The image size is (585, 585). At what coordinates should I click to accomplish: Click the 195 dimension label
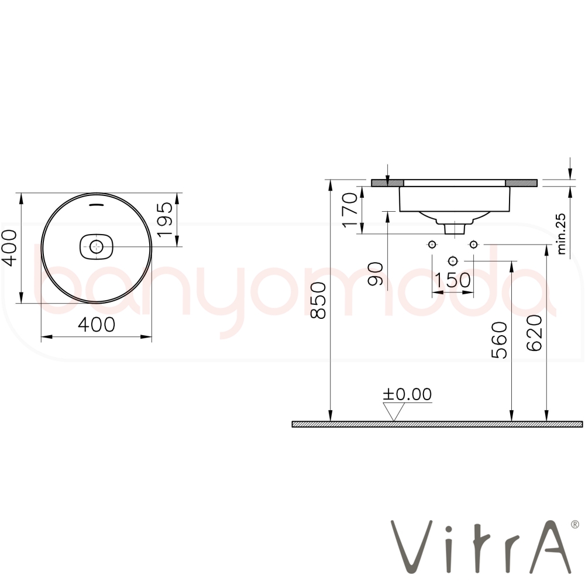(x=165, y=220)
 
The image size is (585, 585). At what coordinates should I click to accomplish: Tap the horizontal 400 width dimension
(x=97, y=325)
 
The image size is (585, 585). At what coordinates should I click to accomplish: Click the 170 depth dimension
(x=350, y=209)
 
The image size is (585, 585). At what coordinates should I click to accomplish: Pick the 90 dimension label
(x=376, y=274)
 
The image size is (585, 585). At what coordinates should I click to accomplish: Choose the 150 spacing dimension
(x=453, y=280)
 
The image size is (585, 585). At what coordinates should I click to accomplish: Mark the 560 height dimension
(x=499, y=340)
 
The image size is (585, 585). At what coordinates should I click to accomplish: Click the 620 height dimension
(x=534, y=333)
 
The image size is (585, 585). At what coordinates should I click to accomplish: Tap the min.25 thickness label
(x=561, y=235)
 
